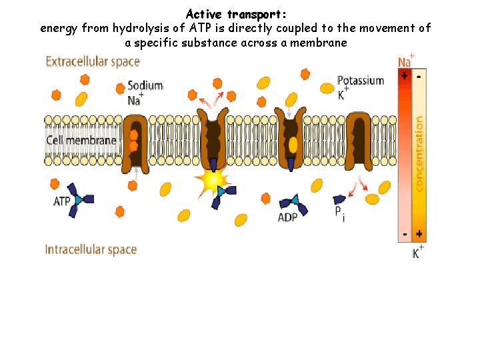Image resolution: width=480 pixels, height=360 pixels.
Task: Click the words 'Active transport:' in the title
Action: (237, 14)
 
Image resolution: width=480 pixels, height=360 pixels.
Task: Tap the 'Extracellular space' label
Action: (92, 61)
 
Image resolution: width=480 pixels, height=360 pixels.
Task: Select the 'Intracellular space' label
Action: (91, 249)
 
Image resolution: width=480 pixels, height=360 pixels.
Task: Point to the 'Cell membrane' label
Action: (81, 140)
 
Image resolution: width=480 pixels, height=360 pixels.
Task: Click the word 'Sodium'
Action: (145, 86)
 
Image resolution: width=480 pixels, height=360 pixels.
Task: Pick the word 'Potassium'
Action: (361, 81)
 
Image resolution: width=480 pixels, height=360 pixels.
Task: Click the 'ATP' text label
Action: (62, 201)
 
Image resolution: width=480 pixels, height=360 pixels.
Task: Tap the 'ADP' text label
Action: (287, 217)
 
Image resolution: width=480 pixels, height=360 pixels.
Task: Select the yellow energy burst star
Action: (211, 179)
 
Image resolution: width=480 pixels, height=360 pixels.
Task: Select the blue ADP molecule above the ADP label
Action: (294, 202)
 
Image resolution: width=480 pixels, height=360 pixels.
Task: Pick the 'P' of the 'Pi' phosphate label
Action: (338, 211)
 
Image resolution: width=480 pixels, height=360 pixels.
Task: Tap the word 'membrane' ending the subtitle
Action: (323, 42)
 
